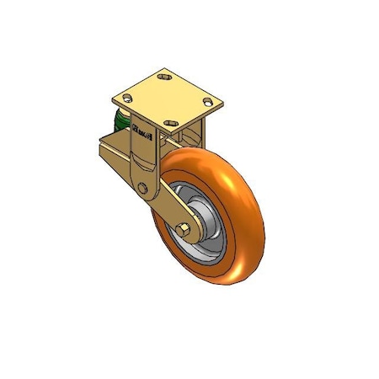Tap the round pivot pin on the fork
(143, 188)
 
